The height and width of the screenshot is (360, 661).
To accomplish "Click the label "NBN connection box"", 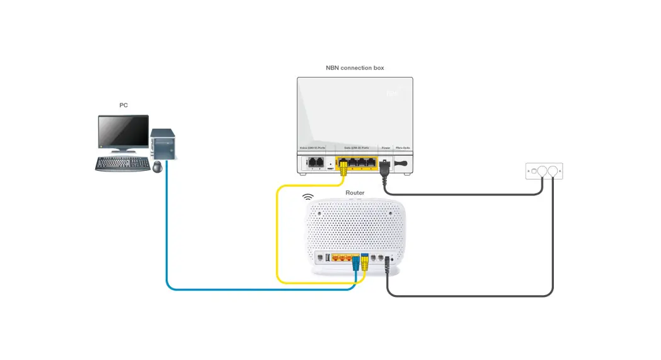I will click(x=355, y=67).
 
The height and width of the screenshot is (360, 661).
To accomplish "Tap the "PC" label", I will click(x=124, y=105).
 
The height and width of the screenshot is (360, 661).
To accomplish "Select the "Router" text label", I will click(x=355, y=192).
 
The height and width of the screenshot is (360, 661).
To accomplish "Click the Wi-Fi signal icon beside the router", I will click(x=308, y=197).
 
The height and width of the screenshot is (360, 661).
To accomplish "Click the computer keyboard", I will click(x=122, y=164).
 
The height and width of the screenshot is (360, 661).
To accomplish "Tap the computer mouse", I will click(x=157, y=166).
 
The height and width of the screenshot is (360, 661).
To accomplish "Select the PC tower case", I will click(x=163, y=143).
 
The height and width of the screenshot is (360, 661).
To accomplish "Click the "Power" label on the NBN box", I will click(x=386, y=148).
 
